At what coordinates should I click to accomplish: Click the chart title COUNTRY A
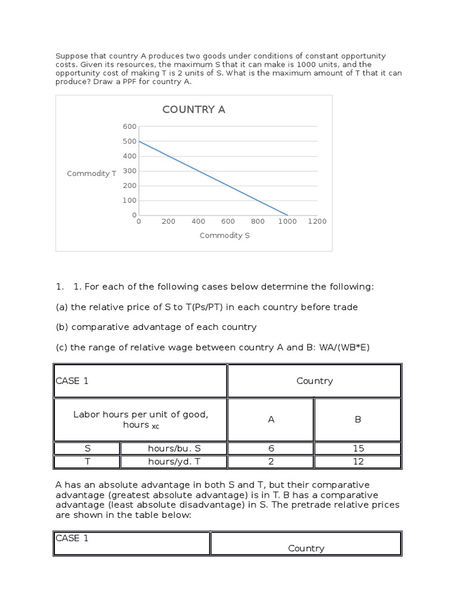tap(194, 110)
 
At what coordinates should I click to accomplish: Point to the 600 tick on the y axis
tap(130, 126)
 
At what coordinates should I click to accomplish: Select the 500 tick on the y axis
tap(130, 141)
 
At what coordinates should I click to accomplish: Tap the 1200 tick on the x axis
tap(317, 221)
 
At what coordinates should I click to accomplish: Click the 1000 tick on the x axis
tap(287, 221)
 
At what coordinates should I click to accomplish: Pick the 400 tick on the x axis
tap(198, 221)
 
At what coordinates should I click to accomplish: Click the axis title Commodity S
tap(225, 236)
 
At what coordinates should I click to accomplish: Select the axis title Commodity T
tap(91, 174)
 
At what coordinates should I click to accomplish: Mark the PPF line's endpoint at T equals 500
tap(139, 141)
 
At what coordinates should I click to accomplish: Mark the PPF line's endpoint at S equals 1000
tap(287, 215)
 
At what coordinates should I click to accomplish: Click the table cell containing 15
tap(358, 449)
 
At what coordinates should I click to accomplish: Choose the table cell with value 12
tap(358, 462)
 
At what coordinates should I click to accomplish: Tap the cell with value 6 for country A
tap(271, 449)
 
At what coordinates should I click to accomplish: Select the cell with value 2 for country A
tap(271, 462)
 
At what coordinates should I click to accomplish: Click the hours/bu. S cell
tap(174, 449)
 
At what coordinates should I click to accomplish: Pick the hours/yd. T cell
tap(174, 462)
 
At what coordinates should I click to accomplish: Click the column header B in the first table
tap(358, 419)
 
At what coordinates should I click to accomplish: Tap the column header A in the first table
tap(271, 419)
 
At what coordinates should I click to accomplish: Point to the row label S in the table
tap(87, 449)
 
